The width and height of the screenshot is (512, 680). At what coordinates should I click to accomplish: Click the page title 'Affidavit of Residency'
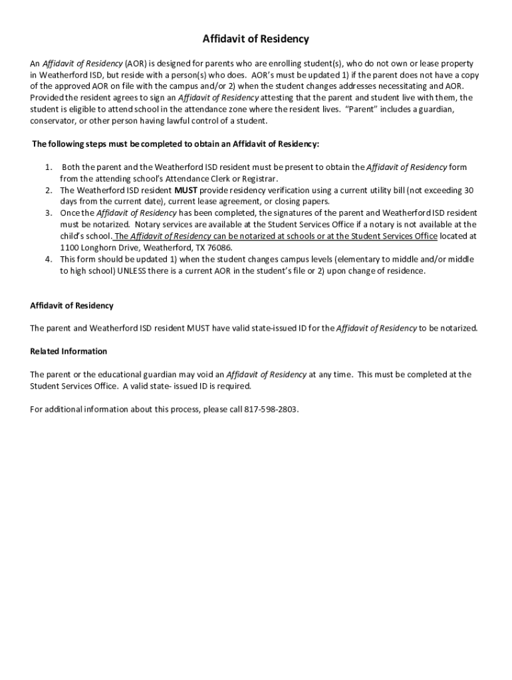[x=256, y=39]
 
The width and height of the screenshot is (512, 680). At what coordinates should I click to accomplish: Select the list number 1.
[x=49, y=167]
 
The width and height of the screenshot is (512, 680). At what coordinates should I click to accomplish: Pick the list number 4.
[x=49, y=259]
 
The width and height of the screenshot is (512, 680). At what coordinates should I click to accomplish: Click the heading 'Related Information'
[x=68, y=351]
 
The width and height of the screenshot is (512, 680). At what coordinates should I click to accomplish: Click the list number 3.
[x=49, y=213]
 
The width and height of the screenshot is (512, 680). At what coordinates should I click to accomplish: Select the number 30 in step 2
[x=469, y=190]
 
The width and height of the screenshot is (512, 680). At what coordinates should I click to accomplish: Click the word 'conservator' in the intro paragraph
[x=55, y=121]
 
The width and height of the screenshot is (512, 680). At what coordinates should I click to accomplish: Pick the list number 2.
[x=49, y=190]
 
